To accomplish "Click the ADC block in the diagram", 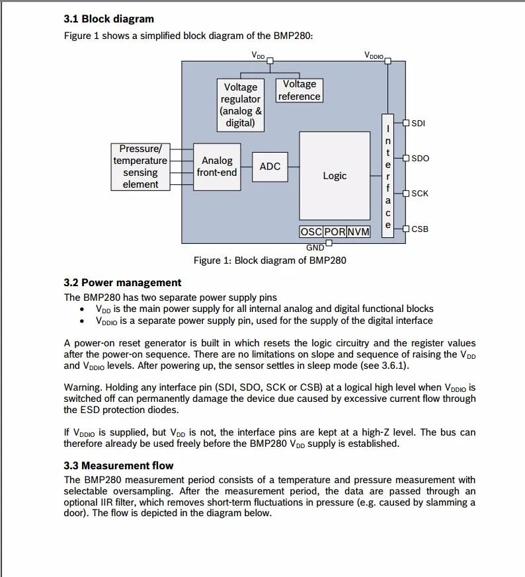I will click(270, 167).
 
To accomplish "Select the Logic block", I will click(335, 176).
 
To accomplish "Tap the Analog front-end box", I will click(217, 167).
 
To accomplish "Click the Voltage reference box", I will click(300, 91).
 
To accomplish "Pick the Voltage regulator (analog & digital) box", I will click(240, 105).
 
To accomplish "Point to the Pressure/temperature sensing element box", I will click(140, 167).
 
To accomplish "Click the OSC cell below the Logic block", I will click(311, 232).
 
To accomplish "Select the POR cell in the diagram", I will click(335, 232).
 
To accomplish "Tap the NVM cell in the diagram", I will click(358, 232).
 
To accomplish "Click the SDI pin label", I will click(418, 123).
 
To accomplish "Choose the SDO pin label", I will click(420, 159).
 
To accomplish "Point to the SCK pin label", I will click(420, 194).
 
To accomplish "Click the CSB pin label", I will click(420, 229).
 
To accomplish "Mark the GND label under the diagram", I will click(315, 248).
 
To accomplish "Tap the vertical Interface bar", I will click(388, 175).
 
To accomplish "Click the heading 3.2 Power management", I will click(122, 283).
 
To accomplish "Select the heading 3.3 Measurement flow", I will click(118, 465).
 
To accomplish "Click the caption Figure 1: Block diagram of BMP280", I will click(270, 260).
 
